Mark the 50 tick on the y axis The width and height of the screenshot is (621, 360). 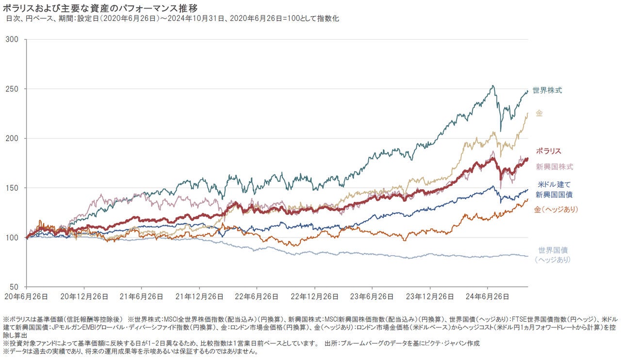[15, 287]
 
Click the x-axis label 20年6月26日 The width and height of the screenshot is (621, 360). [26, 295]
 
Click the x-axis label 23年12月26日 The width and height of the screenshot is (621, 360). [430, 295]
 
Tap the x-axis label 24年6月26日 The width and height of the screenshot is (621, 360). [487, 295]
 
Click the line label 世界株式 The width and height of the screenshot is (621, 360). [547, 90]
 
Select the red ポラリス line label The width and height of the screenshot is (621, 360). [548, 151]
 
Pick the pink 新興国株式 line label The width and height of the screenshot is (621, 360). [554, 167]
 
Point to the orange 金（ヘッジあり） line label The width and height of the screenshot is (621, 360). [556, 209]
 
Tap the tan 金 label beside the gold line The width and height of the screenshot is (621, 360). [539, 113]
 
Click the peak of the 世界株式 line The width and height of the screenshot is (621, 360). [493, 86]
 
